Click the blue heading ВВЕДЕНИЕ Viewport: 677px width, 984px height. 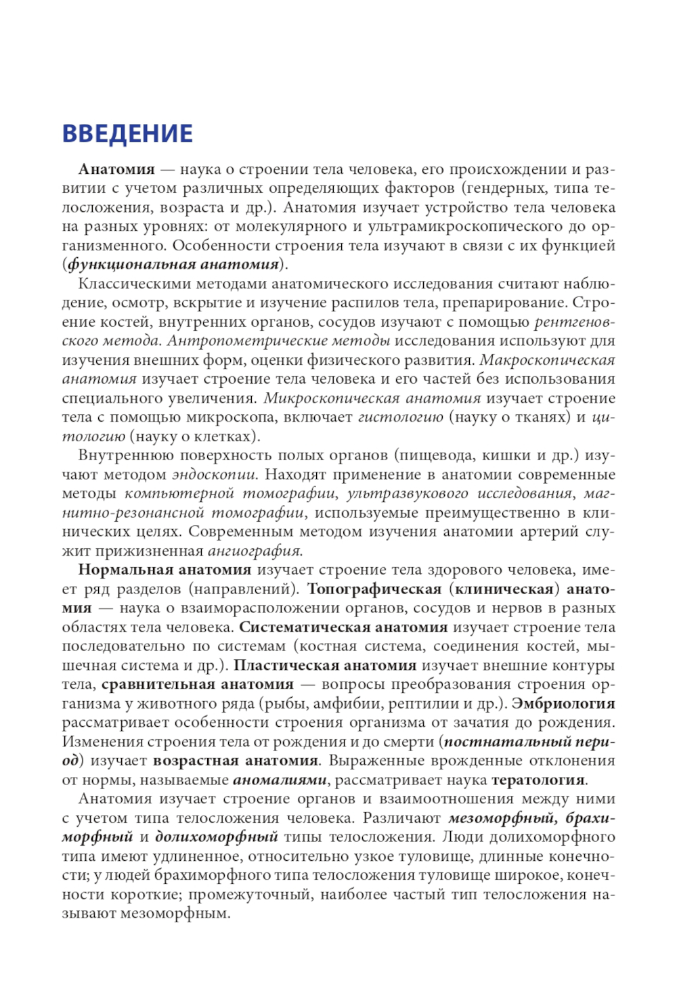tap(127, 134)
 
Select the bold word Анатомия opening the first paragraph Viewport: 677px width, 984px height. tap(116, 169)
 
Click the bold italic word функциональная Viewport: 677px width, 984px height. tap(131, 264)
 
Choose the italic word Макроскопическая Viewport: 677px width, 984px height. tap(547, 359)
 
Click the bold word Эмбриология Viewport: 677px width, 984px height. tap(563, 703)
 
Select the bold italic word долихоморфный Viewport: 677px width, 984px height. tap(217, 837)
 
